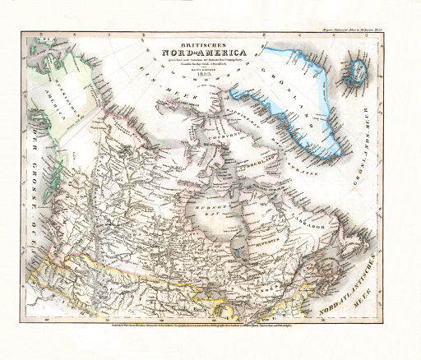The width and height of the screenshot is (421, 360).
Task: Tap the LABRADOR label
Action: tap(311, 219)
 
